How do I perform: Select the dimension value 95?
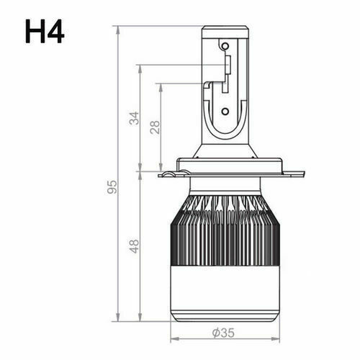point(112,186)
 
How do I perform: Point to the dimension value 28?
point(155,128)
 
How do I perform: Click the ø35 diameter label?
point(223,333)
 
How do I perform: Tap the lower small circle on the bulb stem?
point(225,112)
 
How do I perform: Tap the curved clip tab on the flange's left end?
point(168,174)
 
